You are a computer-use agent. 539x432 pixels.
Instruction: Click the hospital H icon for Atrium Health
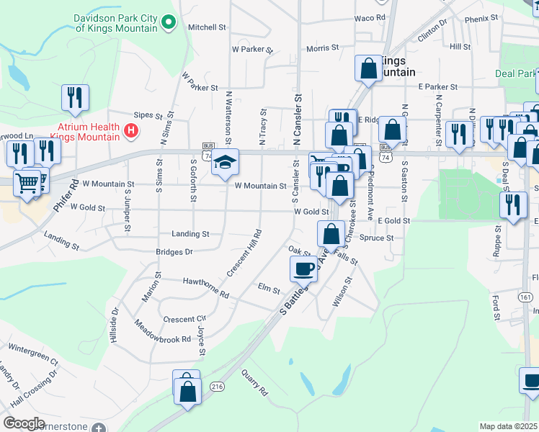coord(131,130)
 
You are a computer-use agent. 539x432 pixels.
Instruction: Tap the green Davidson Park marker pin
coord(169,23)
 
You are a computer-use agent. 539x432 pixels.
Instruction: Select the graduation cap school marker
coord(226,164)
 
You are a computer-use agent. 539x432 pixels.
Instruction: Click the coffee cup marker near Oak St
coord(303,269)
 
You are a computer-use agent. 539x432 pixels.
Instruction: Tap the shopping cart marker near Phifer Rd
coord(27,184)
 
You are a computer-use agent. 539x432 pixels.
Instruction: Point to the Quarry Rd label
coord(254,382)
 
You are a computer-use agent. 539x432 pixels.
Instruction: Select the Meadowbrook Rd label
coord(162,330)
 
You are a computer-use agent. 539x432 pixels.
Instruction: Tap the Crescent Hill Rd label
coord(244,253)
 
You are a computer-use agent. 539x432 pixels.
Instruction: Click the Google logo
coord(24,423)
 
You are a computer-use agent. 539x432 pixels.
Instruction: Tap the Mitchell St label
coord(207,27)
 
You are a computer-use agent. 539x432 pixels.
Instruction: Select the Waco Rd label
coord(370,17)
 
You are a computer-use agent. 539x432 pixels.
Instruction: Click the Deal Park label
coord(514,73)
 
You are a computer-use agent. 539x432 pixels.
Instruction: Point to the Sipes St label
coord(151,114)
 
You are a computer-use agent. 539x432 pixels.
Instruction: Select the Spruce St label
coord(377,238)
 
